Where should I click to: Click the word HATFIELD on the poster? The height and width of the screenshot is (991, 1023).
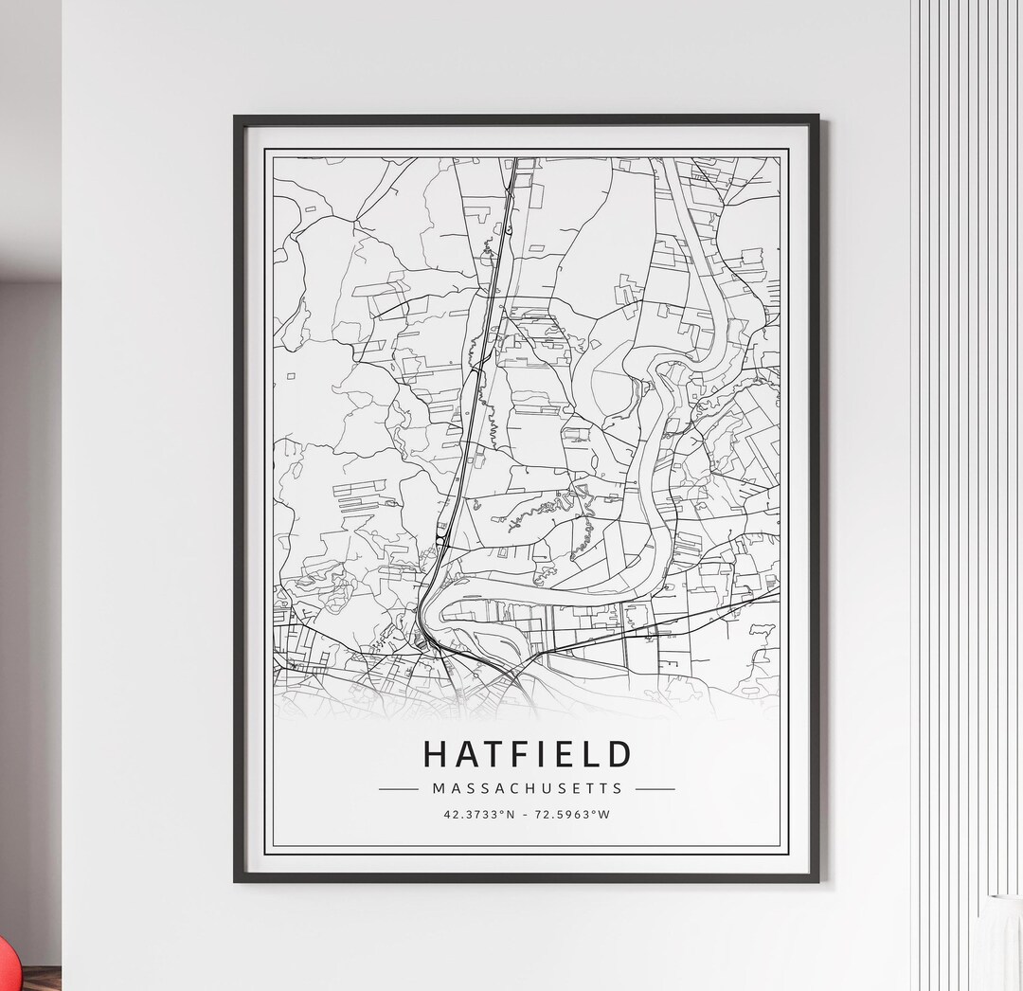tap(527, 754)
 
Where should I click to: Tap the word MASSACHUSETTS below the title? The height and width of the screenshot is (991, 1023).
tap(528, 787)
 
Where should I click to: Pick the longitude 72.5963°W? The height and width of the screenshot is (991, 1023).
tap(573, 814)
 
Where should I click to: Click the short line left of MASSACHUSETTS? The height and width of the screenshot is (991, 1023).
tap(398, 788)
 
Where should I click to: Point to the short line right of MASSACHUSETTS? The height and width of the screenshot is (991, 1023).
tap(655, 788)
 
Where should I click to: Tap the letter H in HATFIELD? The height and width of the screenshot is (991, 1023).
tap(436, 754)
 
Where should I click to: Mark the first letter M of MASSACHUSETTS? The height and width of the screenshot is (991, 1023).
tap(438, 787)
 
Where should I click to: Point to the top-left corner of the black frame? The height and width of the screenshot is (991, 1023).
tap(236, 117)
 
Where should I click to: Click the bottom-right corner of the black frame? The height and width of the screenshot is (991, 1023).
tap(819, 880)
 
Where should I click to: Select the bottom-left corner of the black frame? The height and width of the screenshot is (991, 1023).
tap(237, 880)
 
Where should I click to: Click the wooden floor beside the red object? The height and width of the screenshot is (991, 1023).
tap(43, 980)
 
